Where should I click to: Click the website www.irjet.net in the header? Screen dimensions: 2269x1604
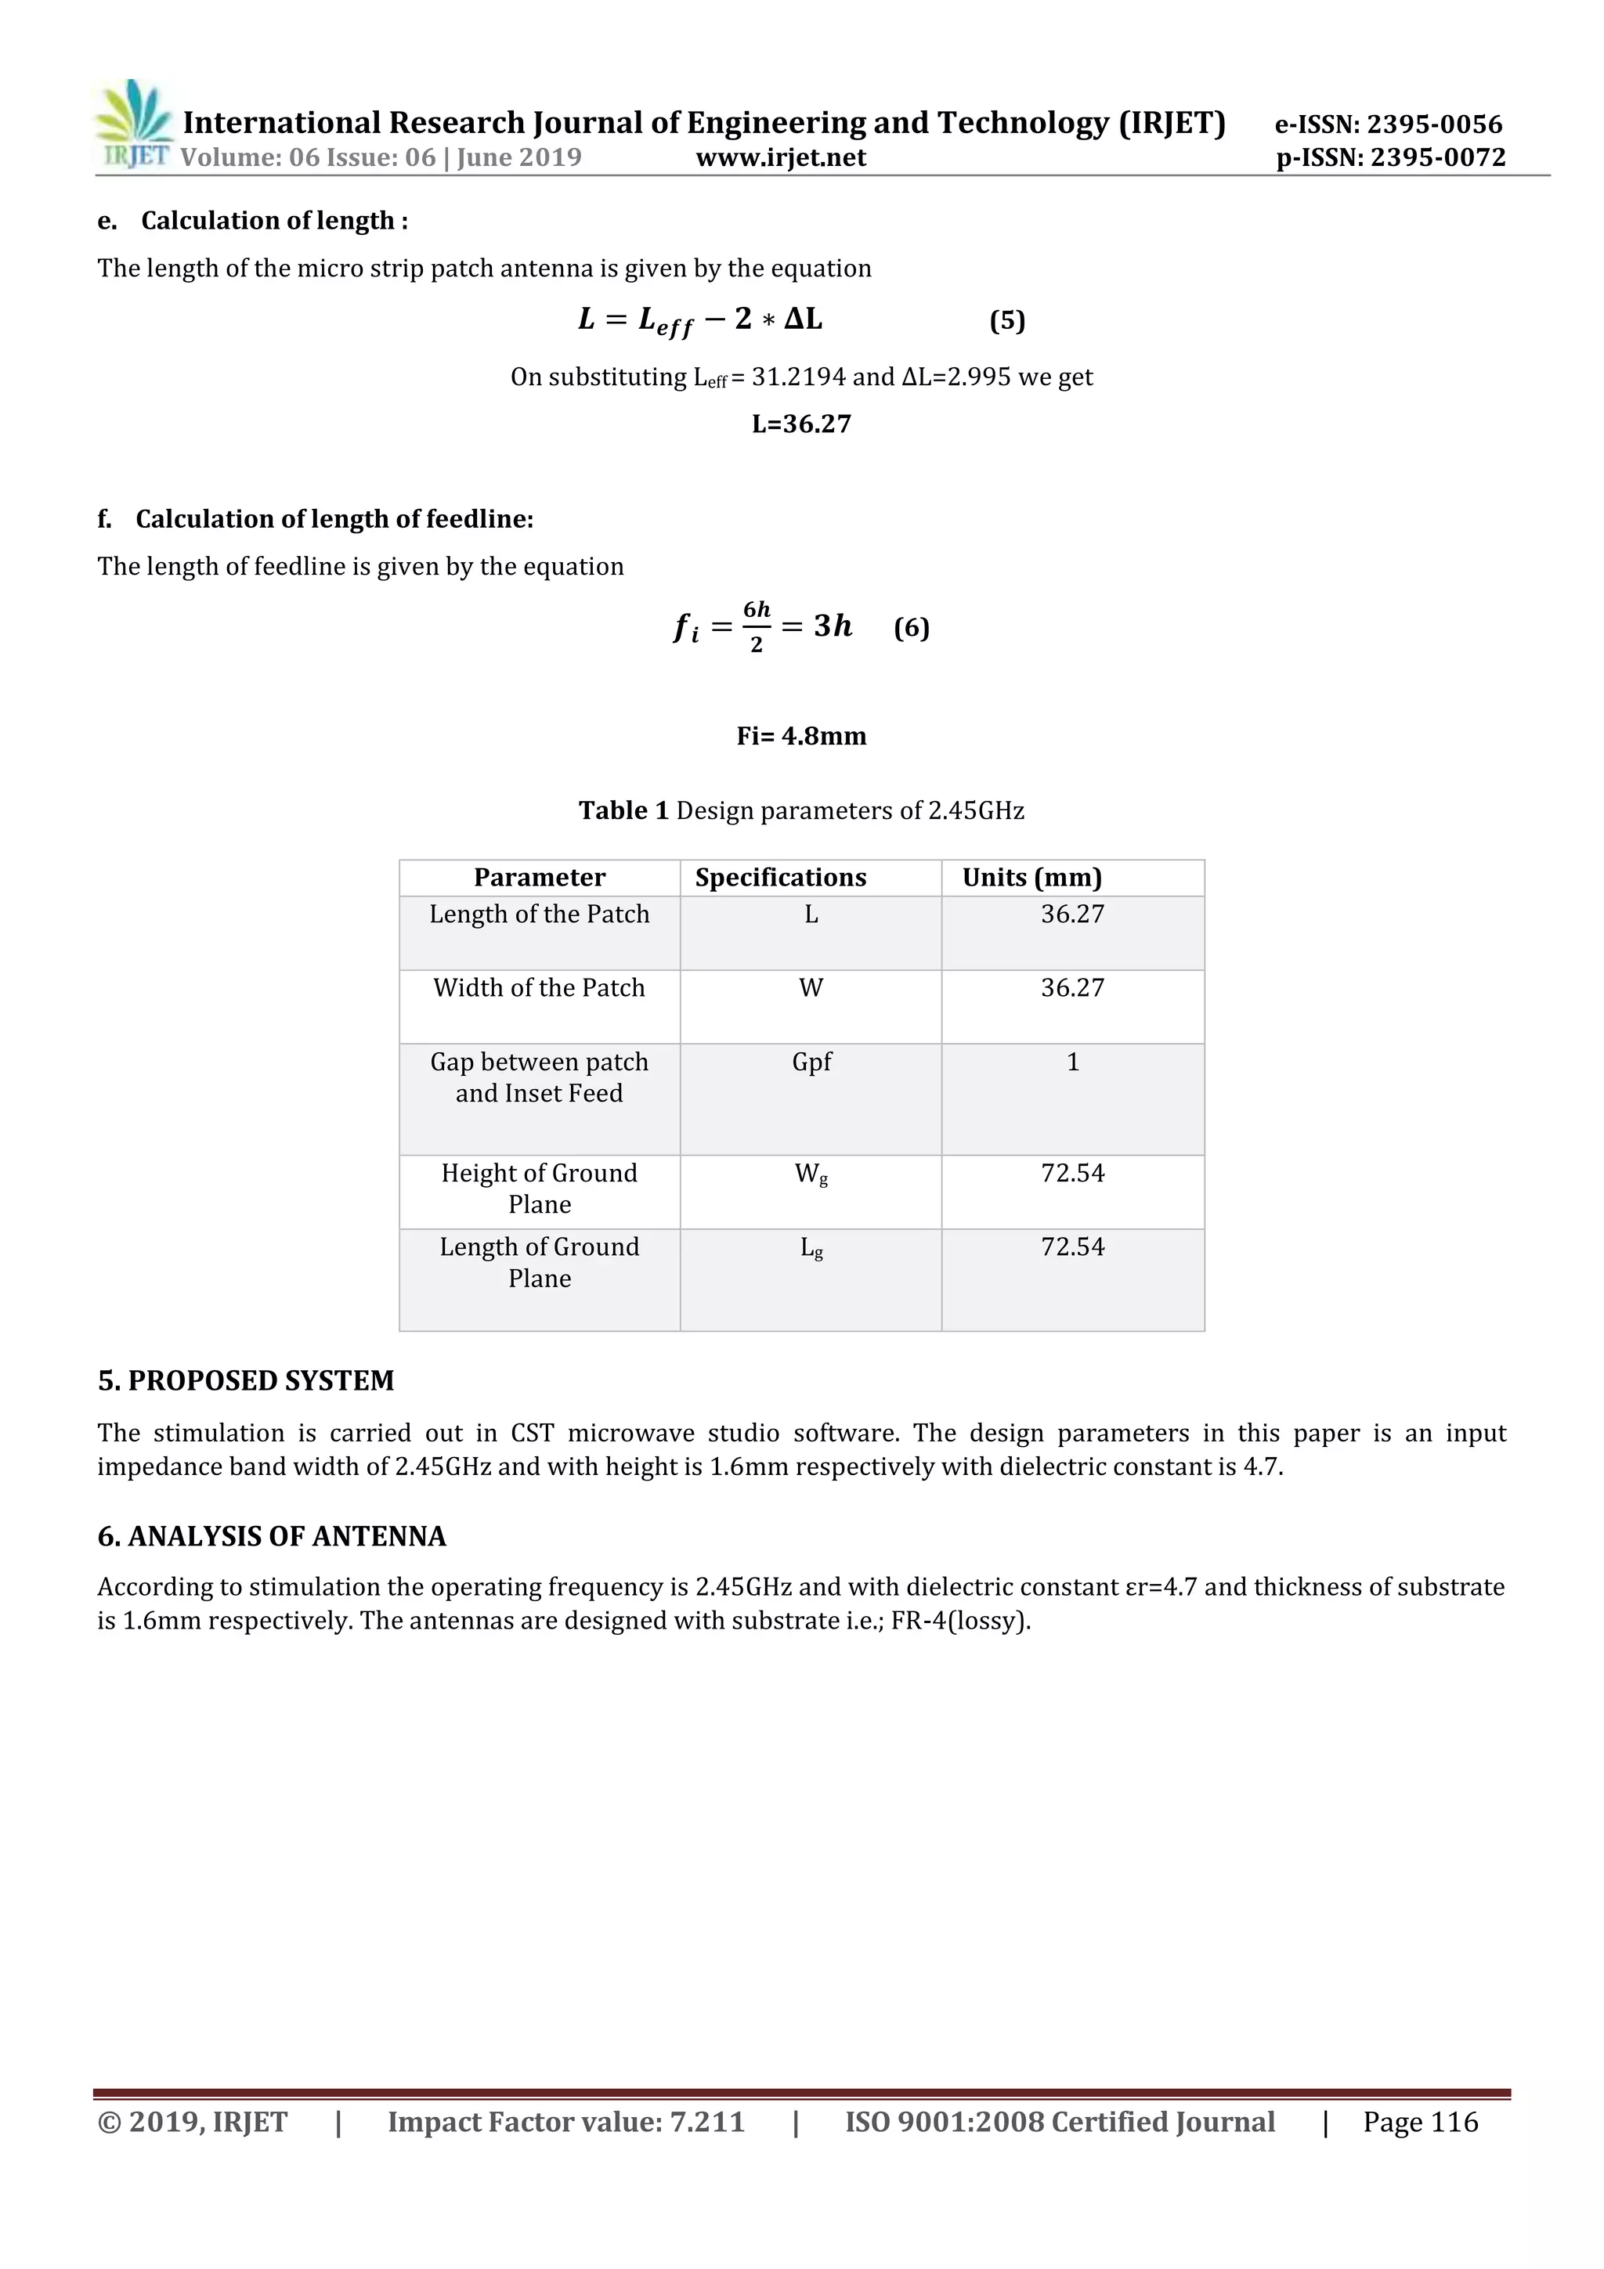780,158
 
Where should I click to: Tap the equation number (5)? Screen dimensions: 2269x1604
1007,320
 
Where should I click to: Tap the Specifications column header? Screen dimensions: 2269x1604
780,878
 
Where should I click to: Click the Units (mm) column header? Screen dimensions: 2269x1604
1031,878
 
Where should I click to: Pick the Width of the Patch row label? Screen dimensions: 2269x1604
539,988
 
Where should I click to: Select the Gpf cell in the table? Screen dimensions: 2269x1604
811,1062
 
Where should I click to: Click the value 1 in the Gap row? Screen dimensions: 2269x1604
1072,1062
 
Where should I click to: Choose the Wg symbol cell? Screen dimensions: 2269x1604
811,1174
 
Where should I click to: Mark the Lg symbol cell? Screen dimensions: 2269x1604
811,1248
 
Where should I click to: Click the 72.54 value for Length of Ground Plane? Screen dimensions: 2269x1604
1072,1247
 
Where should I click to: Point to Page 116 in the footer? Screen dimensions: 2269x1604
1420,2122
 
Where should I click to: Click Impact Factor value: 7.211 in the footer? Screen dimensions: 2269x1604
565,2122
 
